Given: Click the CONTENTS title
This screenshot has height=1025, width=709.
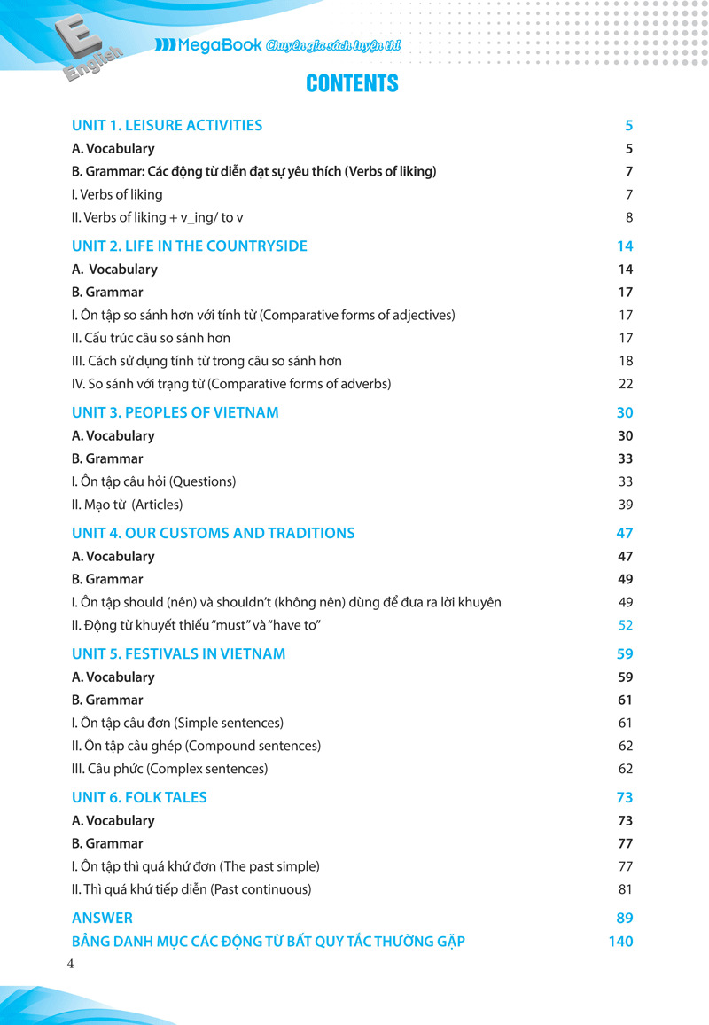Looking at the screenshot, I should point(352,83).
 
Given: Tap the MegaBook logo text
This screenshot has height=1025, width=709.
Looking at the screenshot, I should point(209,45).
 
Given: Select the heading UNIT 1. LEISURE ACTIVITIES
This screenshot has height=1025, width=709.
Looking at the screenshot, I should point(167,125).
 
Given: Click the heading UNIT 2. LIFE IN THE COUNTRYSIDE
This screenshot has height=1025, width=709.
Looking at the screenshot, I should point(189,246).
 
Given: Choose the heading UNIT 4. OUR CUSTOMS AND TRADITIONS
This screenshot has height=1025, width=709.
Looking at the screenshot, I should point(213,533).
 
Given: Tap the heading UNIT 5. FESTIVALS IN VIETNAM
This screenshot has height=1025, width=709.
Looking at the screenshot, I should point(178,653).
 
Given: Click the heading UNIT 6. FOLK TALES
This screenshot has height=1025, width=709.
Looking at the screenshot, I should point(139,797).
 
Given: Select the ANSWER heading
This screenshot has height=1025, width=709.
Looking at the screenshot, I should point(102,918).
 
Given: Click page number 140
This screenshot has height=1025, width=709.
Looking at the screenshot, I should point(620,941).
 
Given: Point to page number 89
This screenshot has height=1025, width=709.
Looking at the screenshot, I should point(624,918).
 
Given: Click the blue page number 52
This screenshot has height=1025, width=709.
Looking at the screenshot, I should point(626,625).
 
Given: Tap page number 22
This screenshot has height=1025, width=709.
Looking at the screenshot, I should point(626,384).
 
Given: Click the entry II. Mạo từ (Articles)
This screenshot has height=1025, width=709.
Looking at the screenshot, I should point(127,505).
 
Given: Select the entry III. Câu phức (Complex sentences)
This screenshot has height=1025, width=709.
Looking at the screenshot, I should point(169,769).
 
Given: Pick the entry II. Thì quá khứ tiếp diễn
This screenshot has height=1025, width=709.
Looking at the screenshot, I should point(191,889).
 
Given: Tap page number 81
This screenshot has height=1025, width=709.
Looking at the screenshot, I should point(626,889).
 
